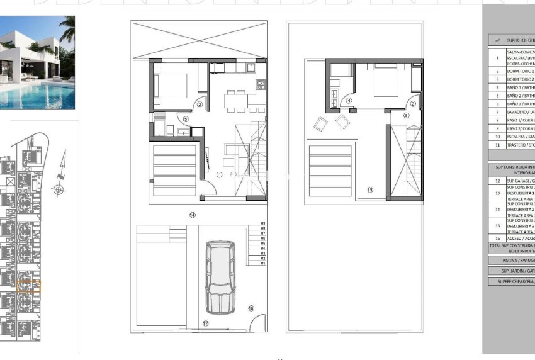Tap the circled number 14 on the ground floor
[193, 215]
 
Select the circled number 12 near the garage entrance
[205, 323]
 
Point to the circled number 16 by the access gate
[251, 308]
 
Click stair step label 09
[263, 223]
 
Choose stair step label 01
[263, 263]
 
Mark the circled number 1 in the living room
[220, 174]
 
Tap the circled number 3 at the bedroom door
[200, 104]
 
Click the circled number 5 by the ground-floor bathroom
[185, 118]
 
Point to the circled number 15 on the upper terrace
[369, 189]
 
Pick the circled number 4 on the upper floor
[349, 101]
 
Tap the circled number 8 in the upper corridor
[406, 116]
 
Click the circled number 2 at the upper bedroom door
[414, 104]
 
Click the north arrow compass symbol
[59, 189]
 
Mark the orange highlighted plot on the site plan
[28, 287]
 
